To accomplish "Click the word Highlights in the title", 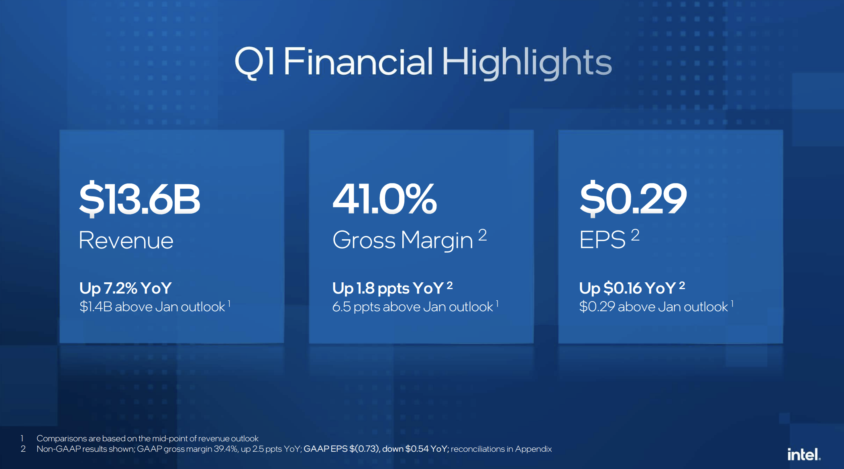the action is pyautogui.click(x=527, y=63).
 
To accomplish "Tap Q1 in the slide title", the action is pyautogui.click(x=255, y=62).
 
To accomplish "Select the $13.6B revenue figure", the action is pyautogui.click(x=139, y=199).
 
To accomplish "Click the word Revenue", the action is pyautogui.click(x=126, y=240).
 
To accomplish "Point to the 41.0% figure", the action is pyautogui.click(x=385, y=198).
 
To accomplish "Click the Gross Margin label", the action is pyautogui.click(x=403, y=241).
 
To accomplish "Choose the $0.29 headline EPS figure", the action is pyautogui.click(x=633, y=198).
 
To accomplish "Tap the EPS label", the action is pyautogui.click(x=602, y=240).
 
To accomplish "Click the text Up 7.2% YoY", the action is pyautogui.click(x=126, y=288).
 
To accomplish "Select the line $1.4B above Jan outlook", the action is pyautogui.click(x=152, y=307).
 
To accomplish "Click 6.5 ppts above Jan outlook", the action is pyautogui.click(x=413, y=307).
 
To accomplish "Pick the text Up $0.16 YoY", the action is pyautogui.click(x=628, y=288).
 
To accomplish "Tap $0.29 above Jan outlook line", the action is pyautogui.click(x=654, y=307).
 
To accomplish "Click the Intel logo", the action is pyautogui.click(x=804, y=454).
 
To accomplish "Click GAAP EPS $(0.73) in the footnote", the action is pyautogui.click(x=341, y=449).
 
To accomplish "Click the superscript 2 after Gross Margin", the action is pyautogui.click(x=483, y=235).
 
